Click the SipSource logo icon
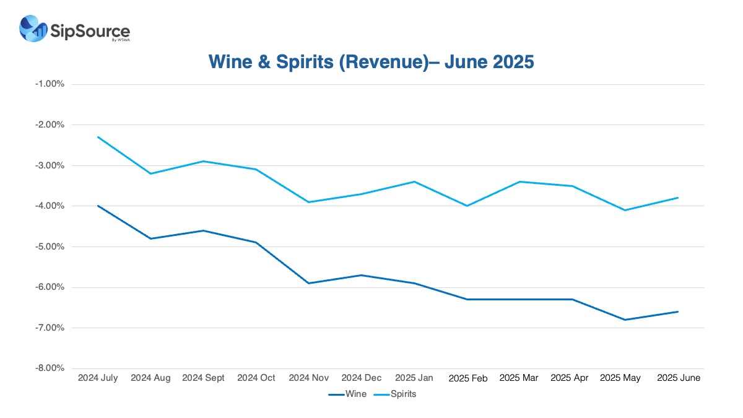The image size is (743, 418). tap(33, 28)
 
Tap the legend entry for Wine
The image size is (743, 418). tap(347, 394)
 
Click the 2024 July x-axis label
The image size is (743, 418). tap(98, 378)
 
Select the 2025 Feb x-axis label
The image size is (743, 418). tap(467, 378)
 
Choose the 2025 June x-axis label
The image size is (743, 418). tap(678, 378)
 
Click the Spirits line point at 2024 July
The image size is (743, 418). tap(98, 137)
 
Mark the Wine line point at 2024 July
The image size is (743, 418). tap(98, 206)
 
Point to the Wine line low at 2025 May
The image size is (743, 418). tap(625, 320)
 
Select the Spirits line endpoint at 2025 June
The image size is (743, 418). tap(678, 198)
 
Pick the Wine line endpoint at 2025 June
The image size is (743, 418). tap(678, 311)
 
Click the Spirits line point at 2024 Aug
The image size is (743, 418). tap(151, 173)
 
